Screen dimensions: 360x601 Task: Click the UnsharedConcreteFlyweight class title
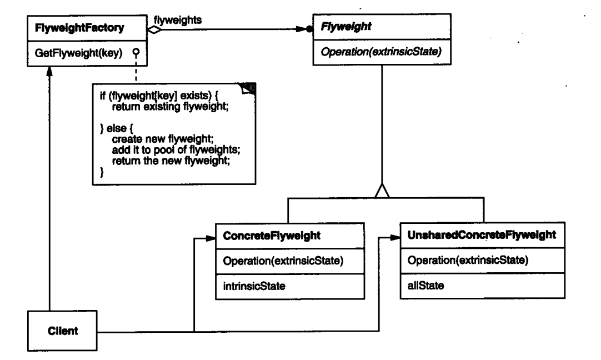coord(481,236)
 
